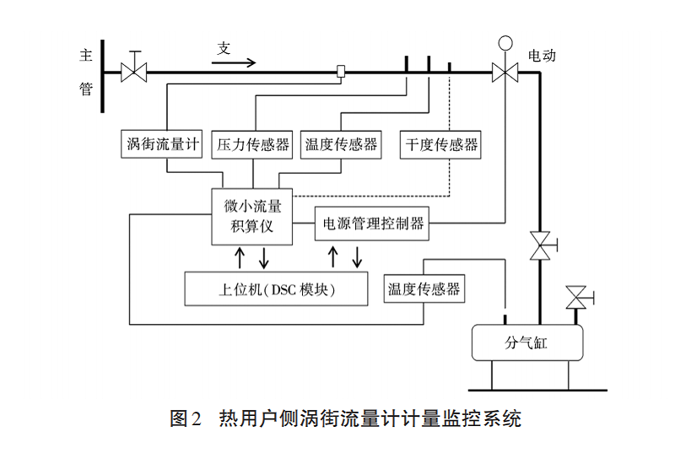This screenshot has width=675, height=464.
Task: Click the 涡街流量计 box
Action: [162, 144]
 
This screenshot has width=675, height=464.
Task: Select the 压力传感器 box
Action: [252, 144]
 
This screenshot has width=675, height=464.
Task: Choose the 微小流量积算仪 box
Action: [251, 216]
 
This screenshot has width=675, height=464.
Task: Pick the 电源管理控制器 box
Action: [372, 224]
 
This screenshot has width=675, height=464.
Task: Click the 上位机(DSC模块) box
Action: [276, 289]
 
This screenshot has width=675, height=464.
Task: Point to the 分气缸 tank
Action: [526, 343]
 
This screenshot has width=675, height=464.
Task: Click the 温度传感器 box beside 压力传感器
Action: [342, 144]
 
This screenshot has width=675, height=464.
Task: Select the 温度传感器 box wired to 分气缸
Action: [424, 289]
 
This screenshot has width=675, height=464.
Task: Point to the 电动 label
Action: [542, 56]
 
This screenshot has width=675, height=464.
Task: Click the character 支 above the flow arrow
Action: [224, 48]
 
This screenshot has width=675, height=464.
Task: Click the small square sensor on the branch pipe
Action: [342, 72]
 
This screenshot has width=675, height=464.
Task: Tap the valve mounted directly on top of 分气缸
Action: [577, 297]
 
